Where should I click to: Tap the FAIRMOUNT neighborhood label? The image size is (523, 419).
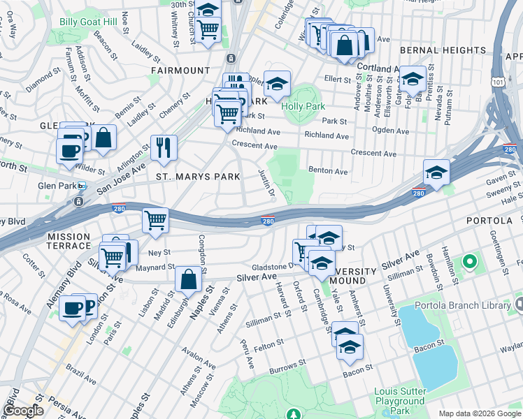pos(180,71)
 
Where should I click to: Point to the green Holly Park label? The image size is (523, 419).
pos(303,107)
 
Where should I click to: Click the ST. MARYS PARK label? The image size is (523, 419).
pos(199,177)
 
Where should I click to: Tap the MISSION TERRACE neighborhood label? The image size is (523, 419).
pos(69,241)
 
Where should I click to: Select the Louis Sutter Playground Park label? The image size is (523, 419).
pos(399,401)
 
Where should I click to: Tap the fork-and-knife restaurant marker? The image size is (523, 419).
pos(164,147)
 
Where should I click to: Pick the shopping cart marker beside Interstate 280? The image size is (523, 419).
pos(155,220)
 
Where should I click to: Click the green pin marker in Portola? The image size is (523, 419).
pos(469,263)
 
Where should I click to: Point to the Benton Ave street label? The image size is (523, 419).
pos(328,171)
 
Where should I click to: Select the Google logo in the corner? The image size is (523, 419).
pos(24,411)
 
